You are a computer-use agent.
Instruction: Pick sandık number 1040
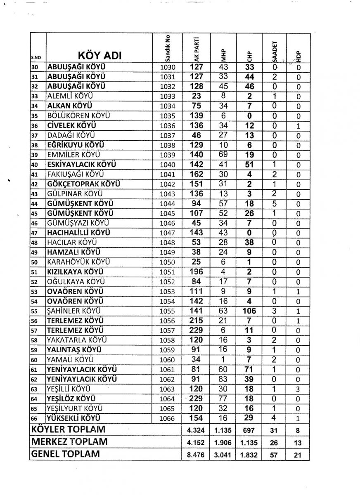(167, 165)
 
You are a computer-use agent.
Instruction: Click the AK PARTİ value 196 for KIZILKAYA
(196, 272)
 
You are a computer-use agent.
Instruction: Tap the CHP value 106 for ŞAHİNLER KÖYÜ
(249, 311)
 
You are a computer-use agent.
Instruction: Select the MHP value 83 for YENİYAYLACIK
(223, 379)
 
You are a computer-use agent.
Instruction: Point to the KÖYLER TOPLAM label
(68, 429)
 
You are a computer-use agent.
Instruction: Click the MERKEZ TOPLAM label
(69, 442)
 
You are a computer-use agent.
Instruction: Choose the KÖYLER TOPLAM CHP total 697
(249, 430)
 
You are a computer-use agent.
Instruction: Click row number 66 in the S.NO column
(35, 418)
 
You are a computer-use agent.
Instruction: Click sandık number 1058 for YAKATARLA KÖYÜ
(167, 340)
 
